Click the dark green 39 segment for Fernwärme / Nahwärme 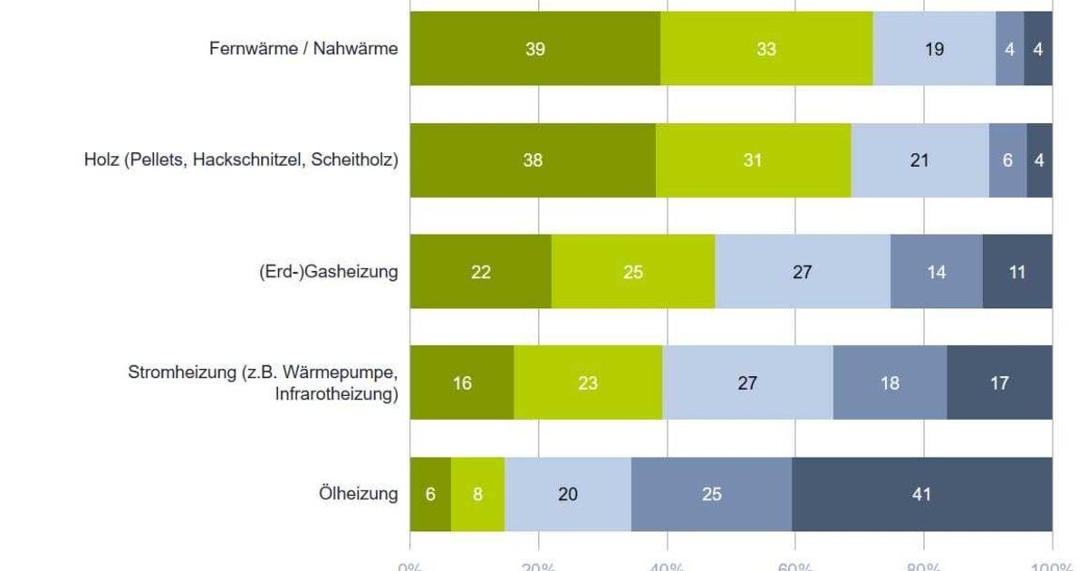(534, 49)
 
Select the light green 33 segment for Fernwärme (766, 49)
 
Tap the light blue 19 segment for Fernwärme (934, 49)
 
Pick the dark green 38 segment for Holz (533, 160)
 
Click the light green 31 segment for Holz (753, 160)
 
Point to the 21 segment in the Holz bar (919, 160)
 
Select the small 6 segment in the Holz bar (1007, 160)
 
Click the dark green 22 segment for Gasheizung (480, 272)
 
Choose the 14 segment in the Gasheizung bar (936, 272)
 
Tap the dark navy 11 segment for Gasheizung (1017, 272)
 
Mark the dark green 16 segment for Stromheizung (462, 383)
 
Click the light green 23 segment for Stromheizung (588, 383)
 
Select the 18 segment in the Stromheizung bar (890, 383)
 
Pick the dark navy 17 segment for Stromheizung (999, 383)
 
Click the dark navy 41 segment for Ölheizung (921, 495)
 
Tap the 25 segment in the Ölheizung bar (711, 495)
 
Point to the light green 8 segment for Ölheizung (477, 495)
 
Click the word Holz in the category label (98, 160)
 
